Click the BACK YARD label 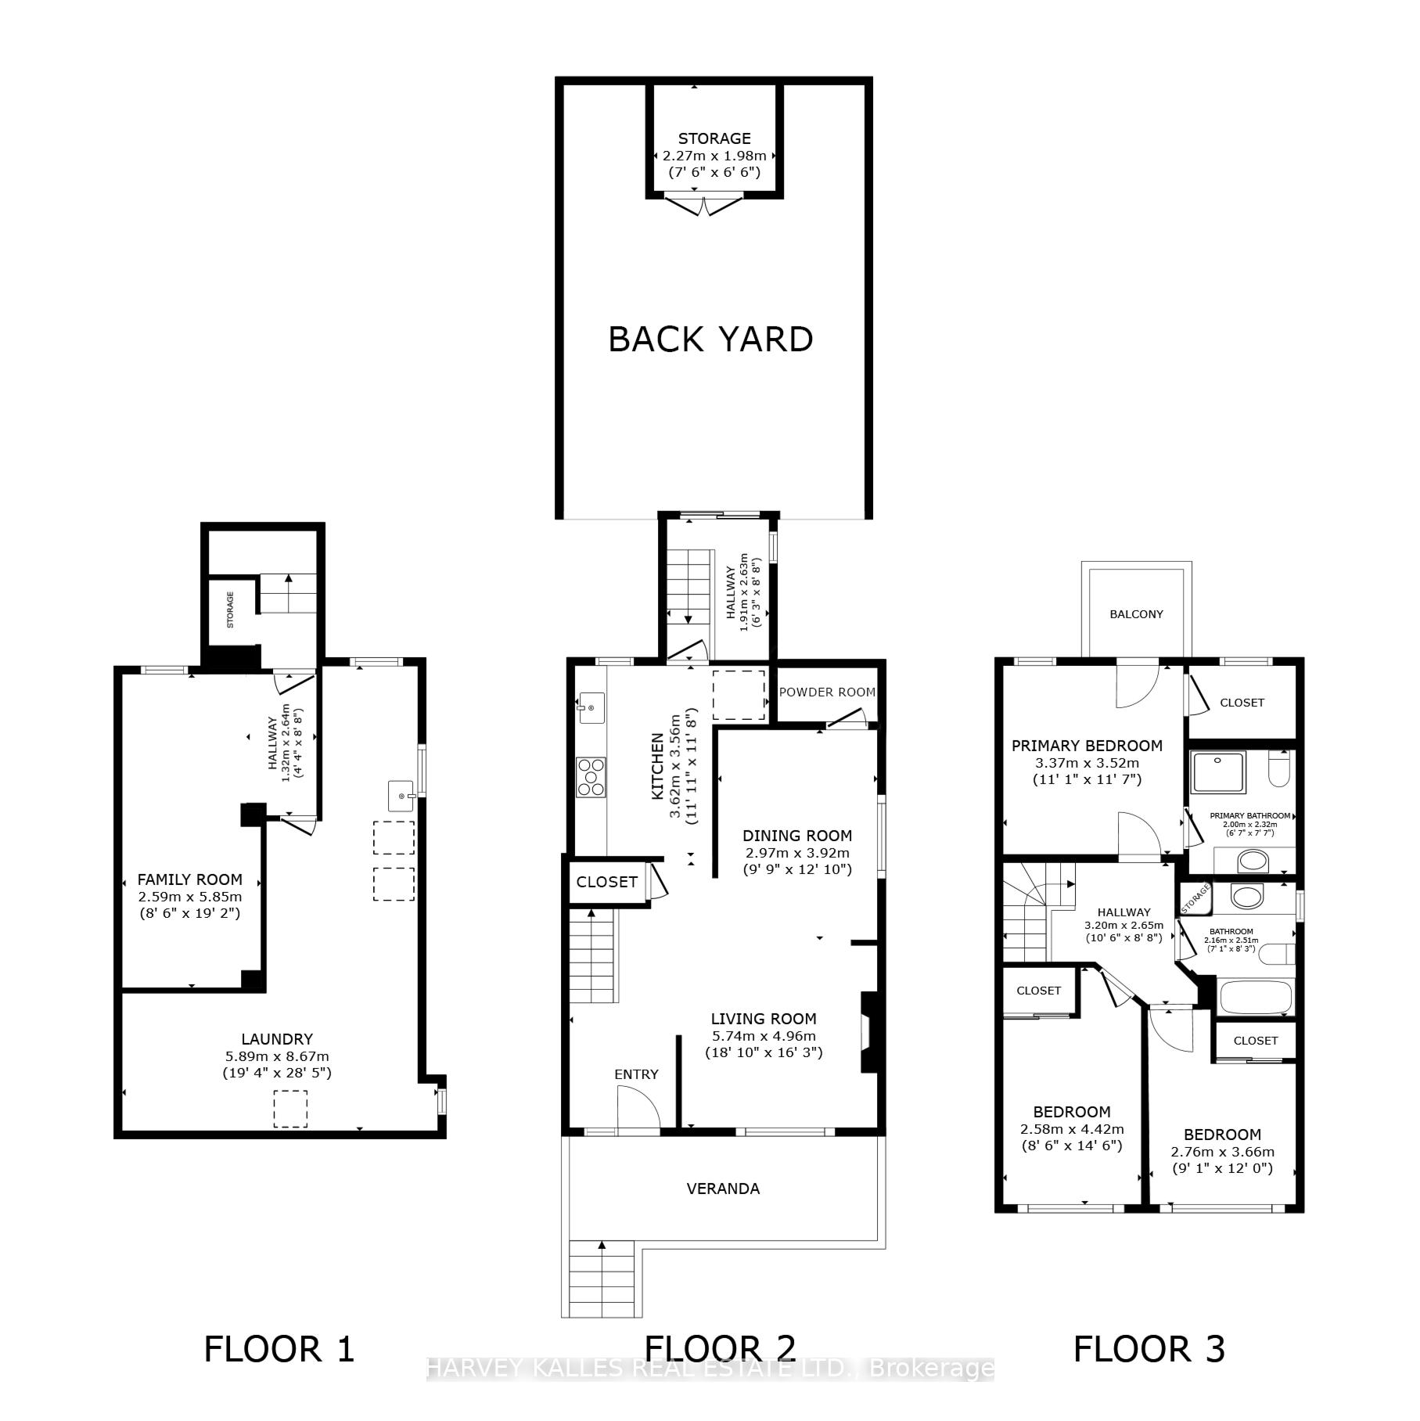coord(710,340)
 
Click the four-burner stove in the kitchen coord(591,777)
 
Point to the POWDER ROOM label coord(827,692)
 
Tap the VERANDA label coord(723,1189)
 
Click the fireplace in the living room coord(869,1031)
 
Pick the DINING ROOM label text coord(796,836)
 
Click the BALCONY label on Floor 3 coord(1136,614)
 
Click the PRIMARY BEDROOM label coord(1087,746)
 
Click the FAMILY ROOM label coord(189,880)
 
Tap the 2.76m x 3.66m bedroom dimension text coord(1222,1152)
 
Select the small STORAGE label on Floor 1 coord(230,610)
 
